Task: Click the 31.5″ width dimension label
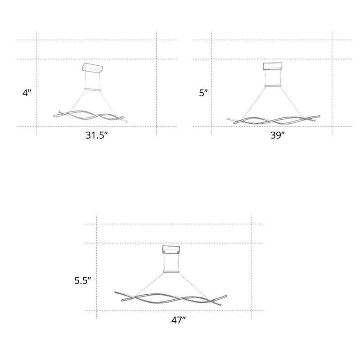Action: tap(96, 135)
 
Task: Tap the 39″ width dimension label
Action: tap(277, 135)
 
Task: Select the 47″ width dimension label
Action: tap(178, 320)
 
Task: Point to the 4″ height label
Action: tap(27, 93)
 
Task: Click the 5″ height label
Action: tap(203, 93)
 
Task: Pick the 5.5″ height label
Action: tap(83, 280)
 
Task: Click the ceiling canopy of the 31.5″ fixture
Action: tap(92, 68)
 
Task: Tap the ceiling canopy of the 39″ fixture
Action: tap(273, 66)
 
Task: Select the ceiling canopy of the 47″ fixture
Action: tap(171, 250)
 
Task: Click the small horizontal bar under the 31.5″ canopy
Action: tap(93, 89)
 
